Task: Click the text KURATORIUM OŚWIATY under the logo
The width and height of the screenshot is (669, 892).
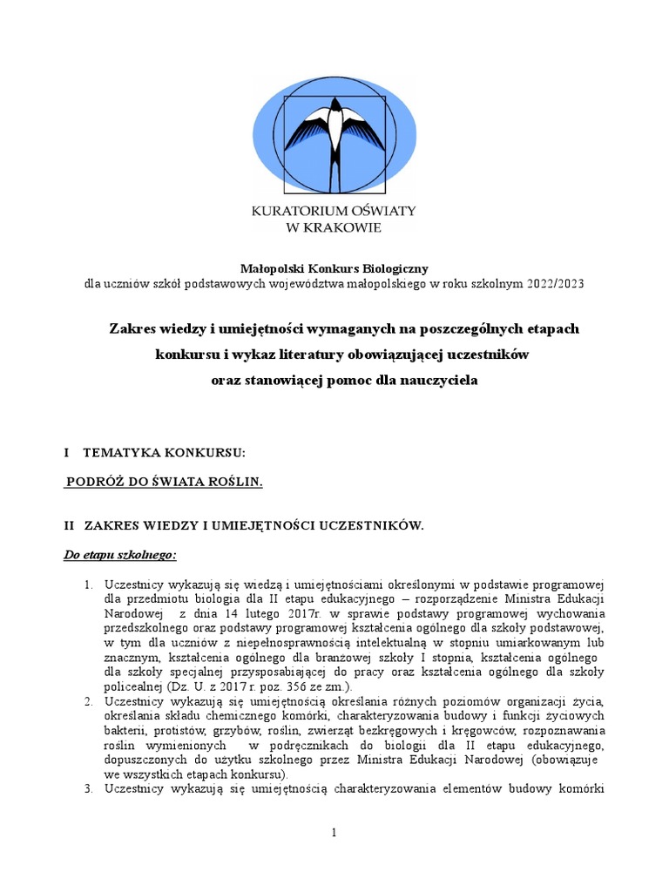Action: pos(334,212)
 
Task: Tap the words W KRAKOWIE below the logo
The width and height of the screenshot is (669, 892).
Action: pos(334,227)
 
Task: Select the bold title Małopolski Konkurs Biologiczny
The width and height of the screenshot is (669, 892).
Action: pos(334,269)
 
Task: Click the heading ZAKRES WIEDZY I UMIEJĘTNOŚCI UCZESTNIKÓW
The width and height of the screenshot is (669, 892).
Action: pos(253,525)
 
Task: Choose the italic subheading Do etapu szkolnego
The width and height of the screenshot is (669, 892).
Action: pos(120,554)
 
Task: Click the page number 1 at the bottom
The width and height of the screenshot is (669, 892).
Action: pos(334,834)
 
